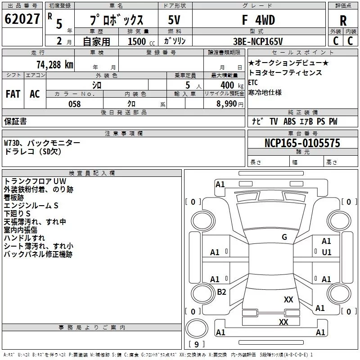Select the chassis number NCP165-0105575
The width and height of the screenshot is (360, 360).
click(302, 144)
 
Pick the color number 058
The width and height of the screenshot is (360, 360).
click(74, 104)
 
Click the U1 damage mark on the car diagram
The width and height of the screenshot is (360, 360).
click(326, 252)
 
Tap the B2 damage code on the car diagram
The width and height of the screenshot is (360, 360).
click(221, 292)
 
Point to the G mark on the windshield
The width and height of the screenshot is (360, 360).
click(284, 237)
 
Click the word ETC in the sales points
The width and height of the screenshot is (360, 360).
click(253, 83)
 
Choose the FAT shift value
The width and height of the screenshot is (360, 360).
click(13, 94)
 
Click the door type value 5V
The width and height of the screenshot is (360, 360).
click(175, 20)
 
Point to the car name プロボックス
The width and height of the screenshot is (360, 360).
click(116, 21)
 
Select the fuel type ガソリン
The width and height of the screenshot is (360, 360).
click(175, 41)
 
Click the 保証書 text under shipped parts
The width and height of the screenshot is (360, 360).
click(15, 121)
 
